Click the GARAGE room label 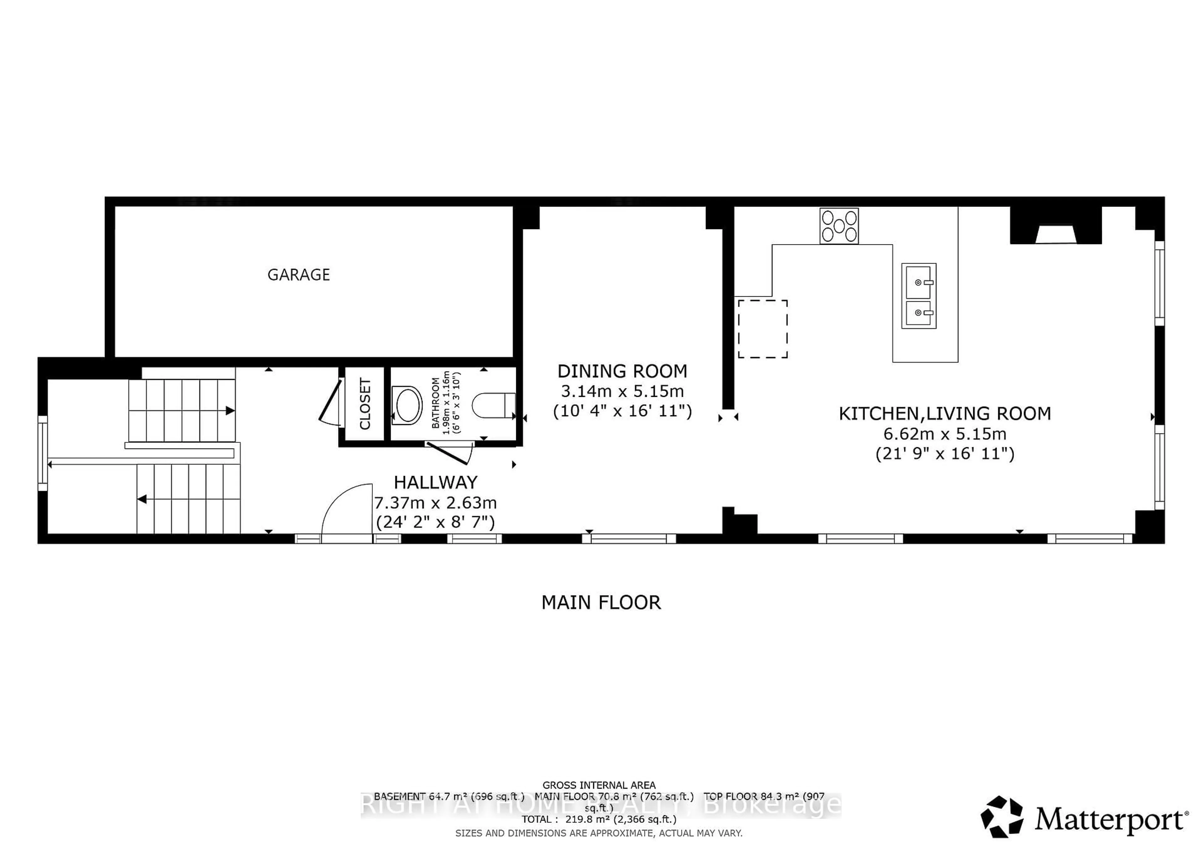point(298,275)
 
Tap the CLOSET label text point(365,404)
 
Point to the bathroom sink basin point(407,405)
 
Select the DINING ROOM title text point(622,371)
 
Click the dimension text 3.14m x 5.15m point(622,391)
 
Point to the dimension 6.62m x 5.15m point(944,434)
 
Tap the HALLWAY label point(435,482)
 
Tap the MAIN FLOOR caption point(601,602)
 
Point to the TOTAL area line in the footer point(599,819)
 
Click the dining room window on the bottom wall point(629,538)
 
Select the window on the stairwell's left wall point(42,453)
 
